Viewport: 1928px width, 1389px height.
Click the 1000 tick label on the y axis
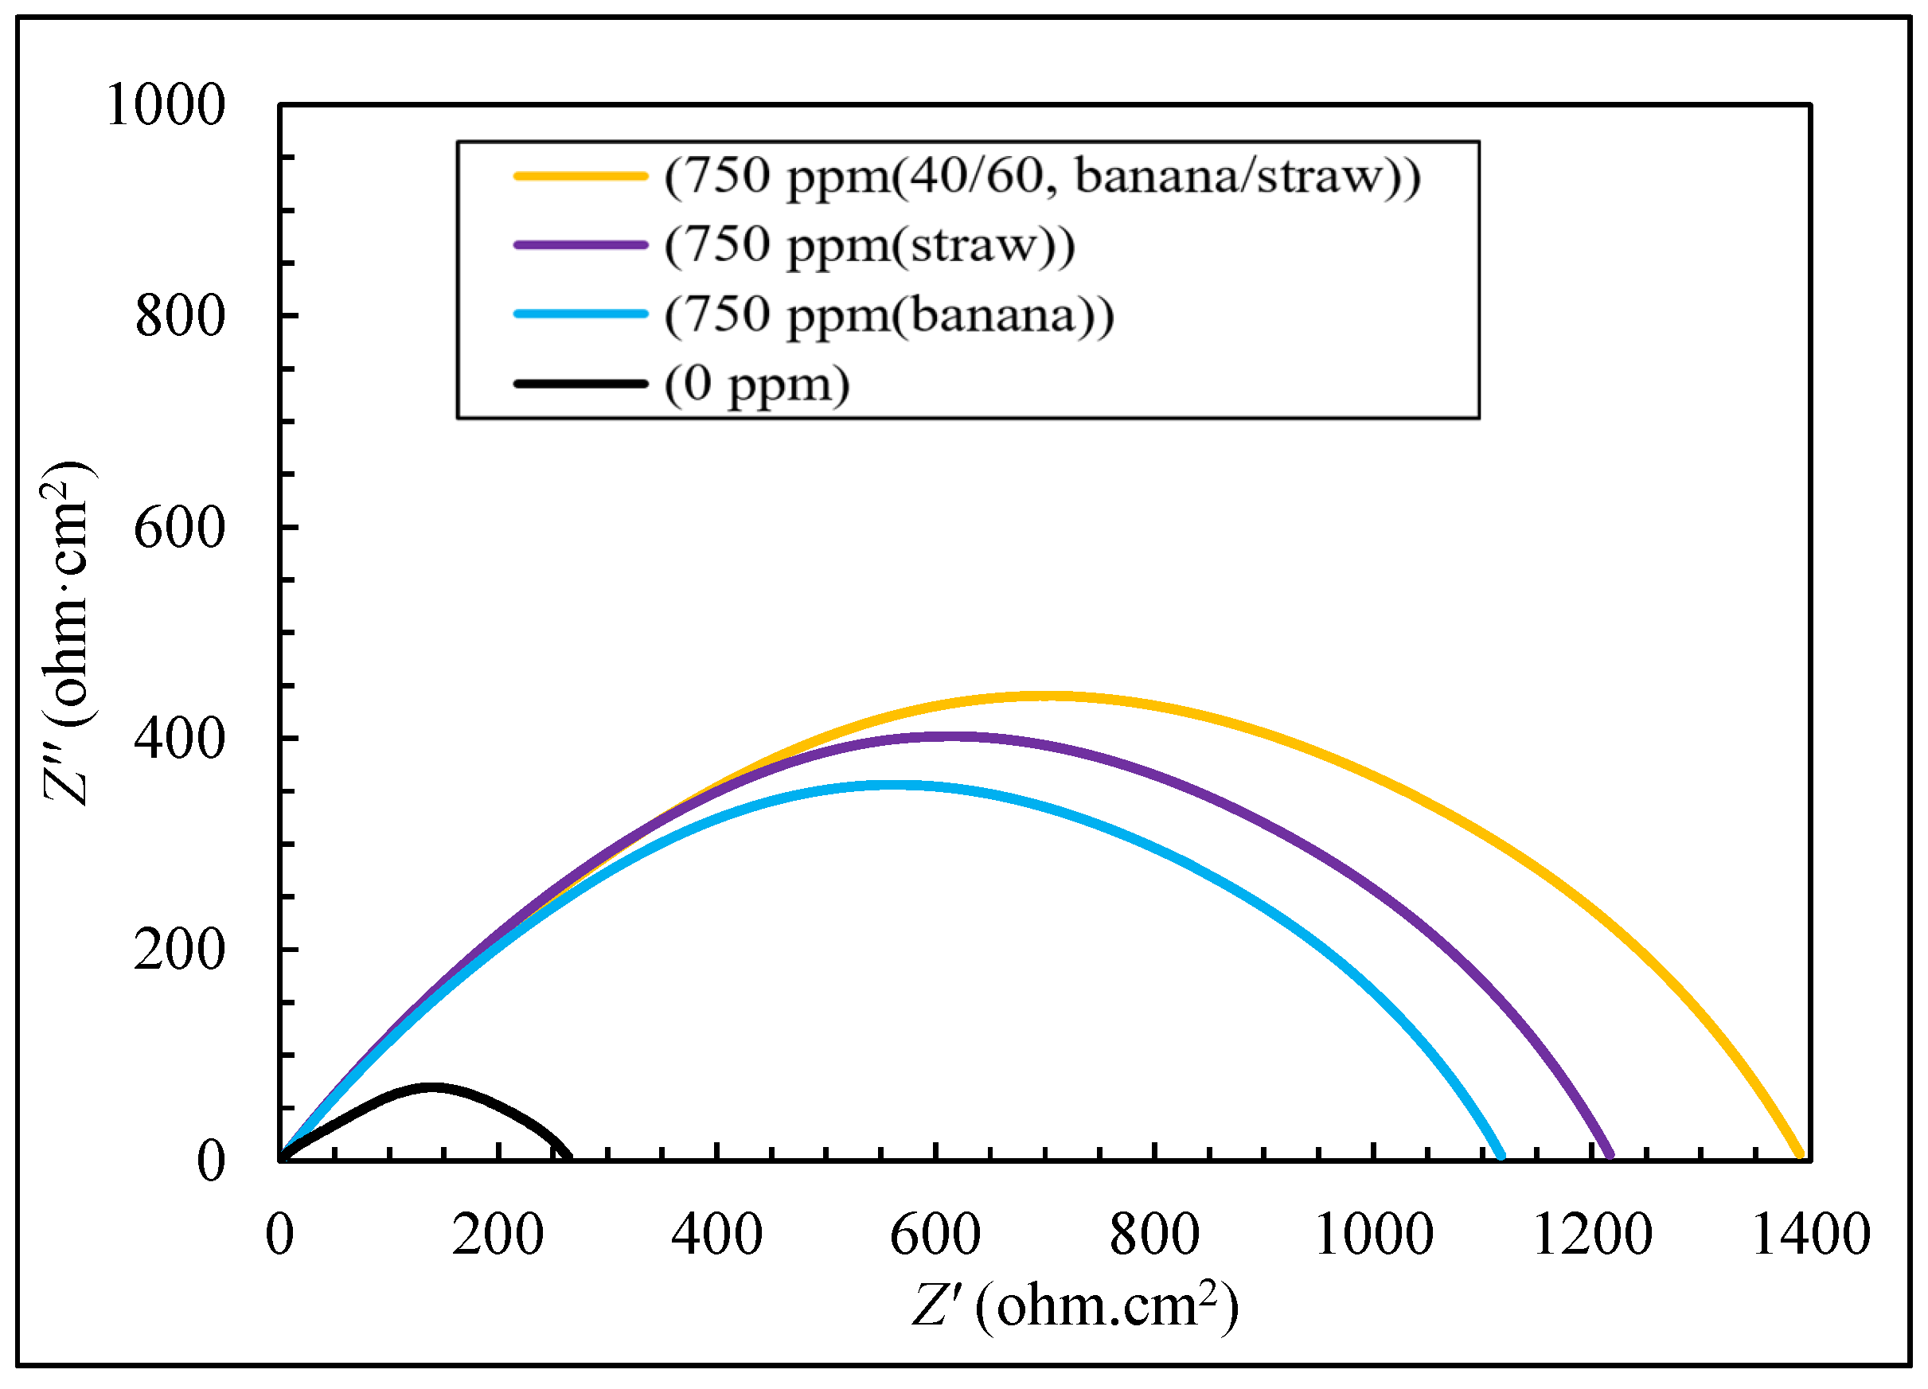(166, 105)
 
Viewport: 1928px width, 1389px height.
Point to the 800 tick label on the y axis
(180, 317)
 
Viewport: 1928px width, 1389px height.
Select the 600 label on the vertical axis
(180, 528)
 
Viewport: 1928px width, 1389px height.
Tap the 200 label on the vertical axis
(180, 950)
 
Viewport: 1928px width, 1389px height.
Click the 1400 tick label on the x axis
(1811, 1235)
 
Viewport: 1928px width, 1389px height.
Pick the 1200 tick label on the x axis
(1592, 1235)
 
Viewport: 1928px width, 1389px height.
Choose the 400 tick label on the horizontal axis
(716, 1235)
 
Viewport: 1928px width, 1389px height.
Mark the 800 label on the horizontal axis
(1154, 1235)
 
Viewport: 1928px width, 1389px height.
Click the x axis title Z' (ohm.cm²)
(1075, 1305)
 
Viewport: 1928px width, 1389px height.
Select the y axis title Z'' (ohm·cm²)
(68, 634)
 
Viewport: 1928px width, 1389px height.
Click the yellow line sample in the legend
(580, 176)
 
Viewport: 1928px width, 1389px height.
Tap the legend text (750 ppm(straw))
(869, 246)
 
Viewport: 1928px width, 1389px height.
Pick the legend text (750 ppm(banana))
(889, 315)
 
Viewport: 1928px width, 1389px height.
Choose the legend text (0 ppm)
(756, 384)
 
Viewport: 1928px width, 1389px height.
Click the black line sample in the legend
(580, 384)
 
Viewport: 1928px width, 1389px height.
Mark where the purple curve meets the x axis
(1610, 1155)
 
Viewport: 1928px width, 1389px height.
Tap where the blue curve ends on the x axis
(1501, 1155)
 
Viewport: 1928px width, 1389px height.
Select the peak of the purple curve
(946, 737)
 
